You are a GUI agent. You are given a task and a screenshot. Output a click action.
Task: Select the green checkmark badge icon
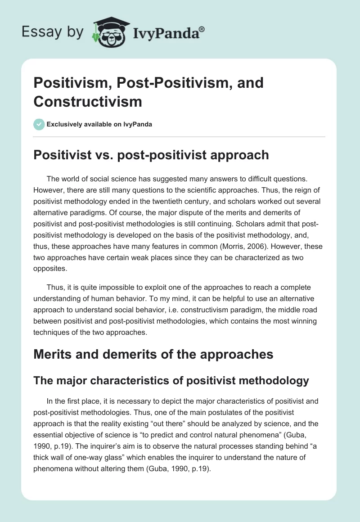[39, 124]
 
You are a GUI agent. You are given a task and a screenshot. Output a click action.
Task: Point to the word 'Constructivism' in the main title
[88, 101]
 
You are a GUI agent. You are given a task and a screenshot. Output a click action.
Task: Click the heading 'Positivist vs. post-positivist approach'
[151, 155]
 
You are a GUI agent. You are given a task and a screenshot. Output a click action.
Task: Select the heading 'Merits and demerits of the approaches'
[153, 354]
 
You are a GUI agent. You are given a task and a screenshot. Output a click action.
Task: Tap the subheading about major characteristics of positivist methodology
[171, 381]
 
